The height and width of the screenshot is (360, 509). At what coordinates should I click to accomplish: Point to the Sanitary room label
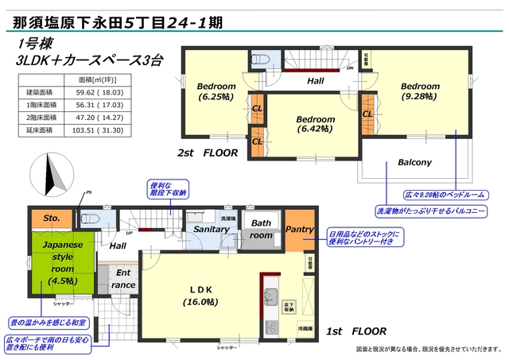pos(211,230)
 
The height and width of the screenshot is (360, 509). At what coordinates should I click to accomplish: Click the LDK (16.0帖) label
pos(200,296)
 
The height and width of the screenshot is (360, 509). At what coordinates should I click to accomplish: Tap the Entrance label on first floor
pos(122,278)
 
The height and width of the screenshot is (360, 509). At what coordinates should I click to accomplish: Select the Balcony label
pos(414,163)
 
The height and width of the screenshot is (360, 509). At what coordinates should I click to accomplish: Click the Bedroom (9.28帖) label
pos(420,91)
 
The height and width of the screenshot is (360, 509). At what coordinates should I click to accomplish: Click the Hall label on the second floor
pos(316,80)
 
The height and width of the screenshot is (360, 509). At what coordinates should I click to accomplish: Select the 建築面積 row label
pos(36,92)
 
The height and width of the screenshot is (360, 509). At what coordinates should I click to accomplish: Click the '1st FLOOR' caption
pos(358,331)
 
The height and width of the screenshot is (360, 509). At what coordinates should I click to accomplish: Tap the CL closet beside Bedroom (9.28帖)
pos(367,114)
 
